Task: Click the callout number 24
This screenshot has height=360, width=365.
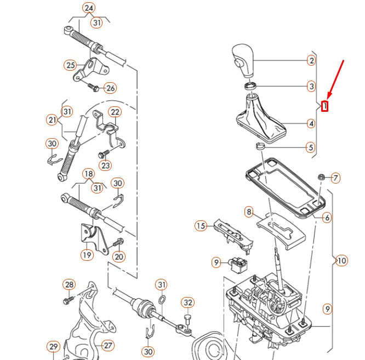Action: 89,8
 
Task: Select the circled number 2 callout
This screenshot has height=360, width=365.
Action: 311,60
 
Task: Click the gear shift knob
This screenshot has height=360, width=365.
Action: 243,60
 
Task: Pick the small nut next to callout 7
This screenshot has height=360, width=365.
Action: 321,177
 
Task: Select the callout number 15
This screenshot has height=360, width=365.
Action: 201,225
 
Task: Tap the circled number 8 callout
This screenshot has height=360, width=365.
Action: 249,211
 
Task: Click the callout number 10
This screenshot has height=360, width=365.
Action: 341,260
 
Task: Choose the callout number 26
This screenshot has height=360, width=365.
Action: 110,88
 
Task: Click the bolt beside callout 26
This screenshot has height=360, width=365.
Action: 93,86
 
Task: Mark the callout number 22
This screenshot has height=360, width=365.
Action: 115,112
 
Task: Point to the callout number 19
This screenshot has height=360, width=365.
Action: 87,254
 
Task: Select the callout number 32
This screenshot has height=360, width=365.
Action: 187,302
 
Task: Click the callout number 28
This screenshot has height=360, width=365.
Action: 69,284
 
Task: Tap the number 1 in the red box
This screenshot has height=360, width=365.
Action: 325,106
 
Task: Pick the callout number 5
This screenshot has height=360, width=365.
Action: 311,147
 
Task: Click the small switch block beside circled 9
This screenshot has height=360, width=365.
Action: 238,265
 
